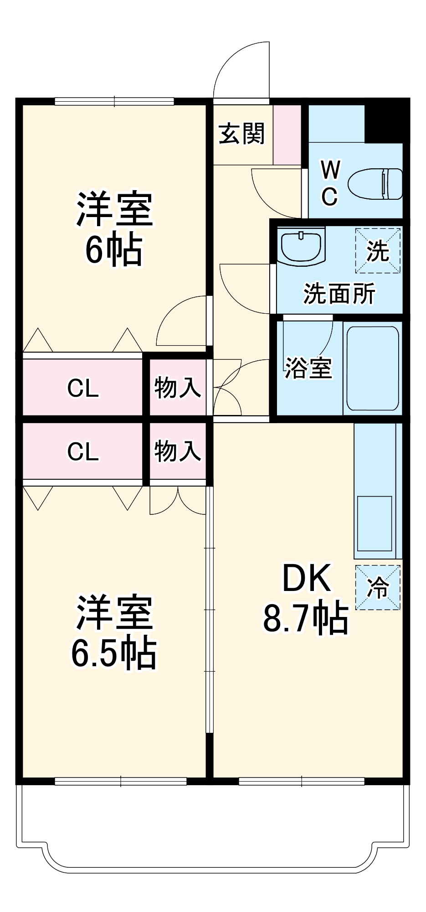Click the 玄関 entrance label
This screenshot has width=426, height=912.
(x=241, y=134)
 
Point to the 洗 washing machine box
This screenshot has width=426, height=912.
(x=378, y=251)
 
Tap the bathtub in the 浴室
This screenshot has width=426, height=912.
(x=373, y=368)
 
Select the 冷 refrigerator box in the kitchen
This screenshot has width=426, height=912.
(x=378, y=588)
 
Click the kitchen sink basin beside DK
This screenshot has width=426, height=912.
(x=374, y=524)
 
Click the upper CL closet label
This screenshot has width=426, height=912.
(x=83, y=389)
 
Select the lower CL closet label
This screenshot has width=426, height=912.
(x=83, y=451)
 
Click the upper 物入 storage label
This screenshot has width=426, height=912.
(x=177, y=388)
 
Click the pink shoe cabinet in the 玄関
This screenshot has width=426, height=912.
(x=287, y=135)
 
